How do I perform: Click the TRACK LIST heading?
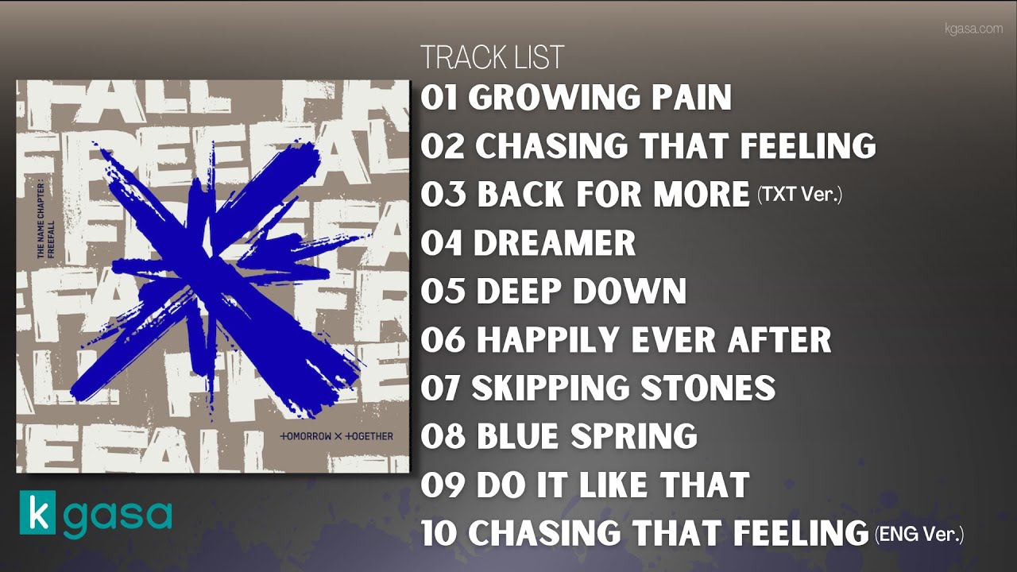coord(492,58)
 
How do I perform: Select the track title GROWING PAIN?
coord(600,98)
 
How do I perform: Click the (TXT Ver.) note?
coord(799,195)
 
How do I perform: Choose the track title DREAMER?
coord(555,243)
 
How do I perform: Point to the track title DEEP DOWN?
coord(581,292)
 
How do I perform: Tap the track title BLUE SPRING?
coord(586,436)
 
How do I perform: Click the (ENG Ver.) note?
coord(919,535)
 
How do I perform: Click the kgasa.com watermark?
coord(973,29)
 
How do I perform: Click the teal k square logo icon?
coord(38,514)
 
